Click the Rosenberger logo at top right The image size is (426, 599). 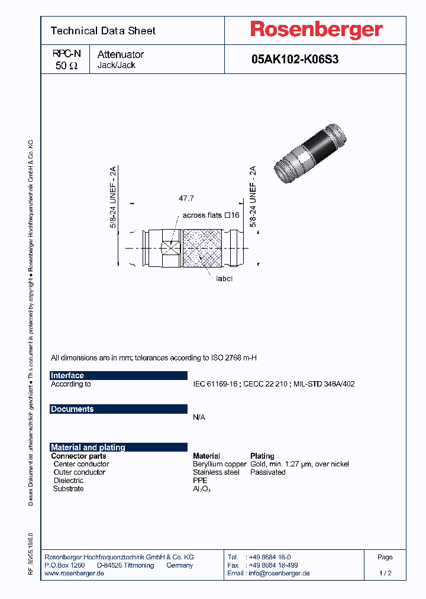click(316, 30)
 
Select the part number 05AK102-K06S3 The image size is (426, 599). click(295, 60)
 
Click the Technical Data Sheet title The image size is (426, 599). click(103, 31)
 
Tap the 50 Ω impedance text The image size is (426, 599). click(66, 66)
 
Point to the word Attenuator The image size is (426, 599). click(121, 54)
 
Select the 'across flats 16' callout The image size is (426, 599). click(211, 215)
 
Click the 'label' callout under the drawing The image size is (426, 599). click(224, 278)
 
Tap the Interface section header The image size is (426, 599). click(67, 375)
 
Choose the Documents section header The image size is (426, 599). click(72, 409)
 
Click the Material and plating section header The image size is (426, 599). click(88, 447)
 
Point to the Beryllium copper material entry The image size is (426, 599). click(220, 464)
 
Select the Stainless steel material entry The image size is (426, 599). click(216, 472)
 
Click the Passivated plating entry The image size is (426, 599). click(268, 472)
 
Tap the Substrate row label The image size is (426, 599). click(68, 488)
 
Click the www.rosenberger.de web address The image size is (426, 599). click(75, 574)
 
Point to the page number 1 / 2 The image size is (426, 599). click(385, 574)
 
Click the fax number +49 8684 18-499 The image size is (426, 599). click(273, 565)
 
